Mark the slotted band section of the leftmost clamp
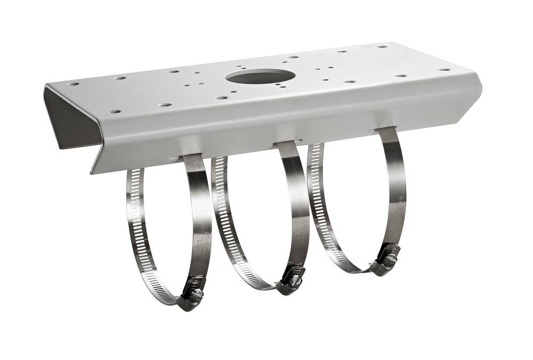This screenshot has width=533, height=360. (138, 229)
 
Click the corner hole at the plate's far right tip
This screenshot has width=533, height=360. (444, 69)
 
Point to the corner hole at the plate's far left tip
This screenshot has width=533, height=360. (74, 84)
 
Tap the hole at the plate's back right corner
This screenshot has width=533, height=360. (382, 46)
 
